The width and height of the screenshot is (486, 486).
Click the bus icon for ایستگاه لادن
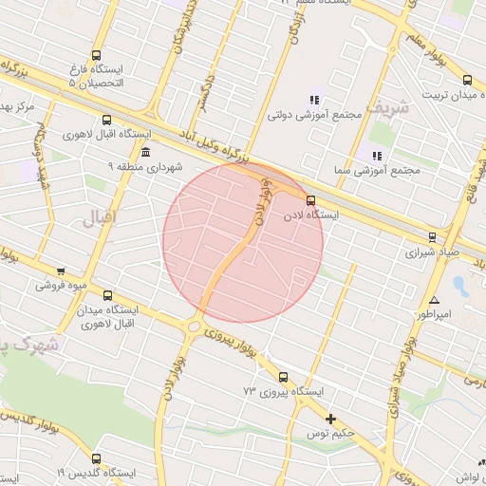310,199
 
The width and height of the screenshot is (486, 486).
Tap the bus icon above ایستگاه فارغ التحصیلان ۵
96,55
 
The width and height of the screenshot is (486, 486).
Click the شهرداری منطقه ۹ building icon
144,152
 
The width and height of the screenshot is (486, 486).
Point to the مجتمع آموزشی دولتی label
324,115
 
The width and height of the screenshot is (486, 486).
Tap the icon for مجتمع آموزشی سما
377,155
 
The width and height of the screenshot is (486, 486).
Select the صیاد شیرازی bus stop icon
433,237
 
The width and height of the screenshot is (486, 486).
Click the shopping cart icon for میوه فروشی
62,271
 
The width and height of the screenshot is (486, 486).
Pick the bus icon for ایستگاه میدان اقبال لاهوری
106,295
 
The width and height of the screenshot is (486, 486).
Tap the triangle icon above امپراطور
435,300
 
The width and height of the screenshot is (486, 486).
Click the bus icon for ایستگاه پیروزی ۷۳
283,377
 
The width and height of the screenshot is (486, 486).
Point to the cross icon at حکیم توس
330,419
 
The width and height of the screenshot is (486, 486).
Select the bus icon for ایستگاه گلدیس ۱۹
95,458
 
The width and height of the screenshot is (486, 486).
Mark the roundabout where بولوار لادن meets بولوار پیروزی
194,327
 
